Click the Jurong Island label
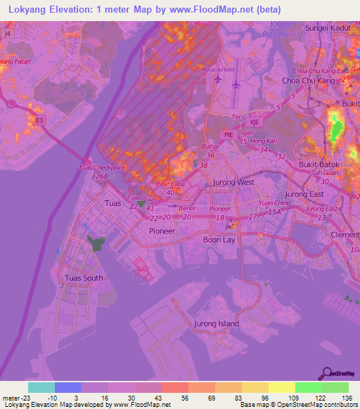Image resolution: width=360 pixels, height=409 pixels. (x=216, y=324)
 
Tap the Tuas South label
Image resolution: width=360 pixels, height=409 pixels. (x=84, y=278)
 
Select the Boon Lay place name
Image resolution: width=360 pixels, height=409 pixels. (x=219, y=240)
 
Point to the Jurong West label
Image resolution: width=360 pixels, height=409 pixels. (x=233, y=182)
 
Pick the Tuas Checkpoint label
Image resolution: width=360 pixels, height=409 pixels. (x=101, y=167)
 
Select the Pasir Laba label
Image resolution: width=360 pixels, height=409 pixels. (x=165, y=183)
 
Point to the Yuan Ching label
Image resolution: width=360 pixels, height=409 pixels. (x=274, y=202)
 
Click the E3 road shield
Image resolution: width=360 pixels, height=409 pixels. (x=39, y=120)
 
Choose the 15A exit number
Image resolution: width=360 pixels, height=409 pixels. (x=274, y=211)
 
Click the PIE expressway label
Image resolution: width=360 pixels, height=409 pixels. (x=228, y=134)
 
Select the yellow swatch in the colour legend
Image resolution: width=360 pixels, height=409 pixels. (x=281, y=387)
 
